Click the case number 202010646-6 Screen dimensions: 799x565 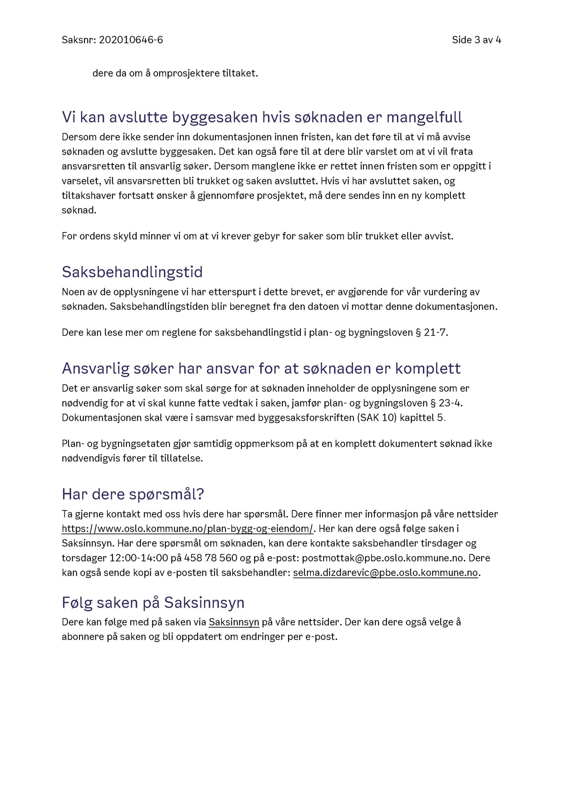[131, 40]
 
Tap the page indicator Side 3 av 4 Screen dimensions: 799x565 [476, 40]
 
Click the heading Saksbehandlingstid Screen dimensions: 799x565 [132, 272]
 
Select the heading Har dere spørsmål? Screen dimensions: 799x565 [133, 494]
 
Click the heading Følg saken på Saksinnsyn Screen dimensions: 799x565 [153, 603]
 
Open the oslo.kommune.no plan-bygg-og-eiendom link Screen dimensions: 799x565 [188, 529]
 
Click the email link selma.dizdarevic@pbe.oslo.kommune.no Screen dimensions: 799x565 [385, 573]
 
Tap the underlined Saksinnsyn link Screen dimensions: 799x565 [234, 622]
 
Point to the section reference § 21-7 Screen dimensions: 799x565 [431, 333]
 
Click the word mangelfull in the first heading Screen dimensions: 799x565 [424, 117]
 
